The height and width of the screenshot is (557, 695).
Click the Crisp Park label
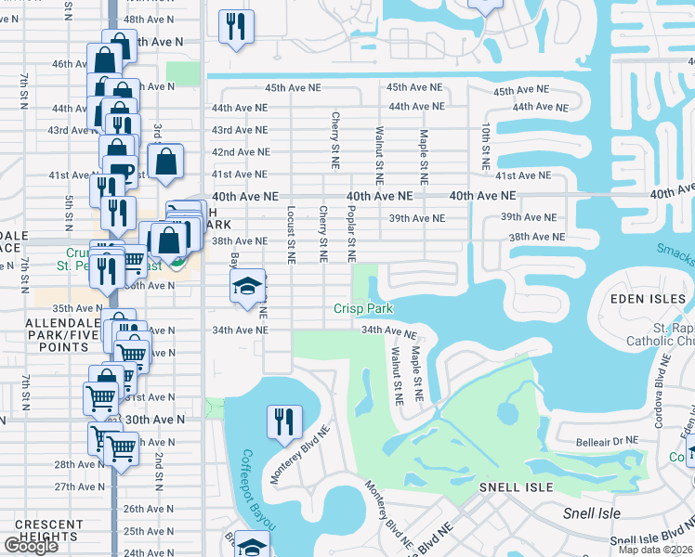(x=364, y=309)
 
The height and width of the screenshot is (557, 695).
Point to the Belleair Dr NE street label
(x=607, y=440)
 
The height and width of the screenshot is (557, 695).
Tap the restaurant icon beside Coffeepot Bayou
(x=284, y=421)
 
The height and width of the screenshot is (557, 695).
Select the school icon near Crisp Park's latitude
(x=247, y=286)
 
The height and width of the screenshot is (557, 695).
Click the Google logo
(x=31, y=546)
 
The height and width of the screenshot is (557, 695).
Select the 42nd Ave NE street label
(x=241, y=152)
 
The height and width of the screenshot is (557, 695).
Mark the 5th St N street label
(x=69, y=213)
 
